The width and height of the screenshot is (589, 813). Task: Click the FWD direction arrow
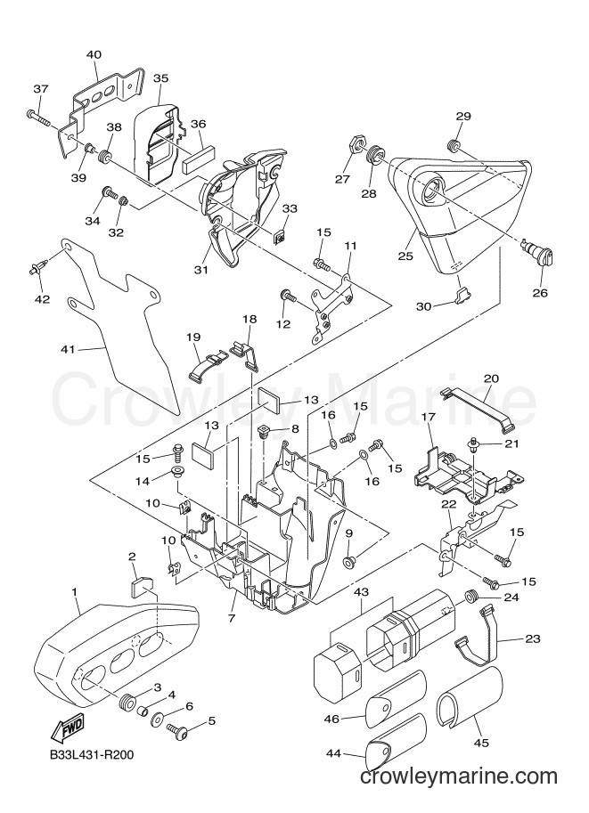[67, 726]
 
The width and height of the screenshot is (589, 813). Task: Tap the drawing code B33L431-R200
[92, 754]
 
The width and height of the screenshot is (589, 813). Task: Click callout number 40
[94, 54]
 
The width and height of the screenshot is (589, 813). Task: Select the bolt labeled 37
[37, 117]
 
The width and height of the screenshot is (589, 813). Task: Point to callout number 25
[405, 256]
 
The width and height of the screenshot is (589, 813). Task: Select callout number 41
[68, 349]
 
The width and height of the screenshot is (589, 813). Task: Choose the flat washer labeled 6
[159, 720]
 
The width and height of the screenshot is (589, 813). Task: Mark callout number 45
[481, 743]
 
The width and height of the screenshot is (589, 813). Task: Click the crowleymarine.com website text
[459, 776]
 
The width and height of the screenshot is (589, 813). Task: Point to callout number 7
[232, 618]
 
